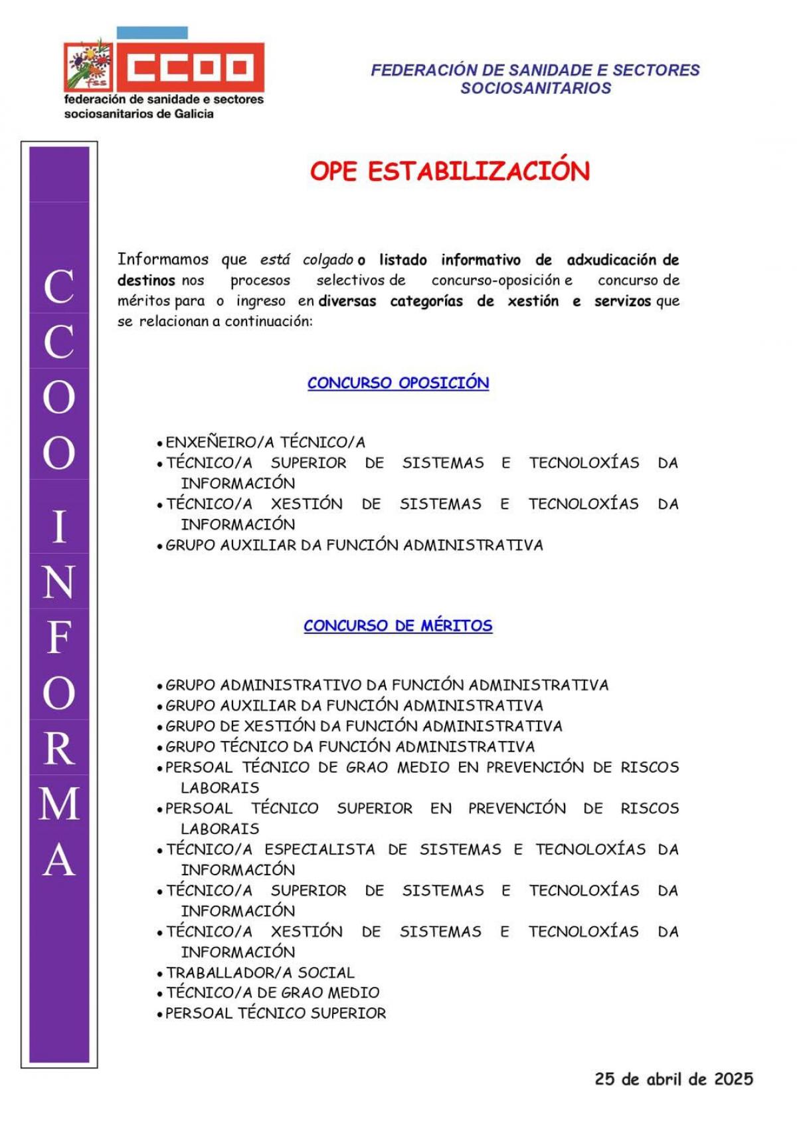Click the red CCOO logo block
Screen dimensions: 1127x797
190,67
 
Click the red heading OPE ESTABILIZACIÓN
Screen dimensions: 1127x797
450,171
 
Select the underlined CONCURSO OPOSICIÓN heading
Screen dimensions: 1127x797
398,383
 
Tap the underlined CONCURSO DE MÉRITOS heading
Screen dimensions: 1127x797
398,625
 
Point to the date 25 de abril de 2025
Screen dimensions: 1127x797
673,1078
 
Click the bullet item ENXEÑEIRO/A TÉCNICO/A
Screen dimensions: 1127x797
265,442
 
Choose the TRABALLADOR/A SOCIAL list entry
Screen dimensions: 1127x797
260,972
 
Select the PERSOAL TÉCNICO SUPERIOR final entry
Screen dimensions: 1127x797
275,1013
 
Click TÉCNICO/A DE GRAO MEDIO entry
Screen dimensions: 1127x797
272,992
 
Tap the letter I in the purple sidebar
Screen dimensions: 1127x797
59,526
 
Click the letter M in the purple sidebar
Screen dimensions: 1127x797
59,803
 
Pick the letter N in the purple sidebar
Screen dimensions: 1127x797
59,581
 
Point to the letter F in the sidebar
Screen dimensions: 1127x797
59,637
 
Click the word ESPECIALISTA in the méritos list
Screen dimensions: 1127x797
319,849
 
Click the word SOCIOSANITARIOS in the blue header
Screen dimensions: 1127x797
535,88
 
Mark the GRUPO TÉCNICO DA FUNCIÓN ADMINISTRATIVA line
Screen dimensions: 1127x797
350,746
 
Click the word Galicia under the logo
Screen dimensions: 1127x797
194,114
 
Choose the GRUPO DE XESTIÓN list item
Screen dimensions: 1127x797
364,726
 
